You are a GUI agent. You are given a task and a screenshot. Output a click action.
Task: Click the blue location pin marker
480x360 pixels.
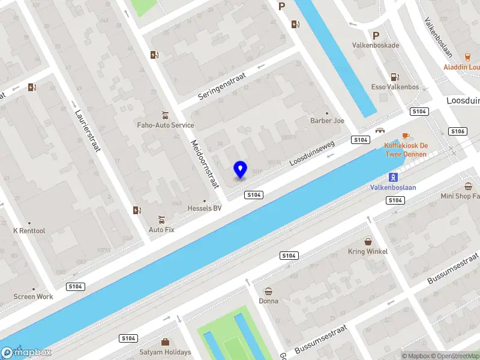(x=240, y=170)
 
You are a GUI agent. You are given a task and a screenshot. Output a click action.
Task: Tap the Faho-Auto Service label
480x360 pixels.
(x=165, y=125)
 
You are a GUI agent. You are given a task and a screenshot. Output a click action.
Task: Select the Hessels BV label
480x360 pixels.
(x=205, y=208)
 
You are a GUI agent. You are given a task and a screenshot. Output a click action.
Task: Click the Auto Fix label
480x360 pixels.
(x=161, y=229)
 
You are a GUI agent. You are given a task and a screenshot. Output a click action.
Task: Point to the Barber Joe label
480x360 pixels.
(x=327, y=121)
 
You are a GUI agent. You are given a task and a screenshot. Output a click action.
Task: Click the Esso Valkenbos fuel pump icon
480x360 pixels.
(x=394, y=77)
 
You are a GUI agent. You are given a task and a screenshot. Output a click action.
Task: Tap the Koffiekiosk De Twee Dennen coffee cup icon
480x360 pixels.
(x=406, y=136)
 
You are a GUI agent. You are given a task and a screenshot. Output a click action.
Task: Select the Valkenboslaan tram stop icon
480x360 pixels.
(x=393, y=177)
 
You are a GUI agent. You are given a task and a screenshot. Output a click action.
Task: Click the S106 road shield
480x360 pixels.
(x=458, y=131)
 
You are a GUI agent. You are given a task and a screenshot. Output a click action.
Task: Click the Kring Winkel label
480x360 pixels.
(x=368, y=251)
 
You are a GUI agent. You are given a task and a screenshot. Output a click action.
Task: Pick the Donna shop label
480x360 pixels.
(x=268, y=301)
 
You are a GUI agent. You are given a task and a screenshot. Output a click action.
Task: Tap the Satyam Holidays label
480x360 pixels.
(x=165, y=352)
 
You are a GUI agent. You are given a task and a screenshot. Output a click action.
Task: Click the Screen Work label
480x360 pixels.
(x=34, y=296)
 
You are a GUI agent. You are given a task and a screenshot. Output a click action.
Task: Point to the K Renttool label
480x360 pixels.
(x=29, y=231)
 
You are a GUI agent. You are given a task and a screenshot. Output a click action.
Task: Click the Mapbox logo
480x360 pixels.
(x=26, y=353)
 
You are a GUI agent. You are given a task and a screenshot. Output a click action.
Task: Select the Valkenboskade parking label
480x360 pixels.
(x=376, y=45)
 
